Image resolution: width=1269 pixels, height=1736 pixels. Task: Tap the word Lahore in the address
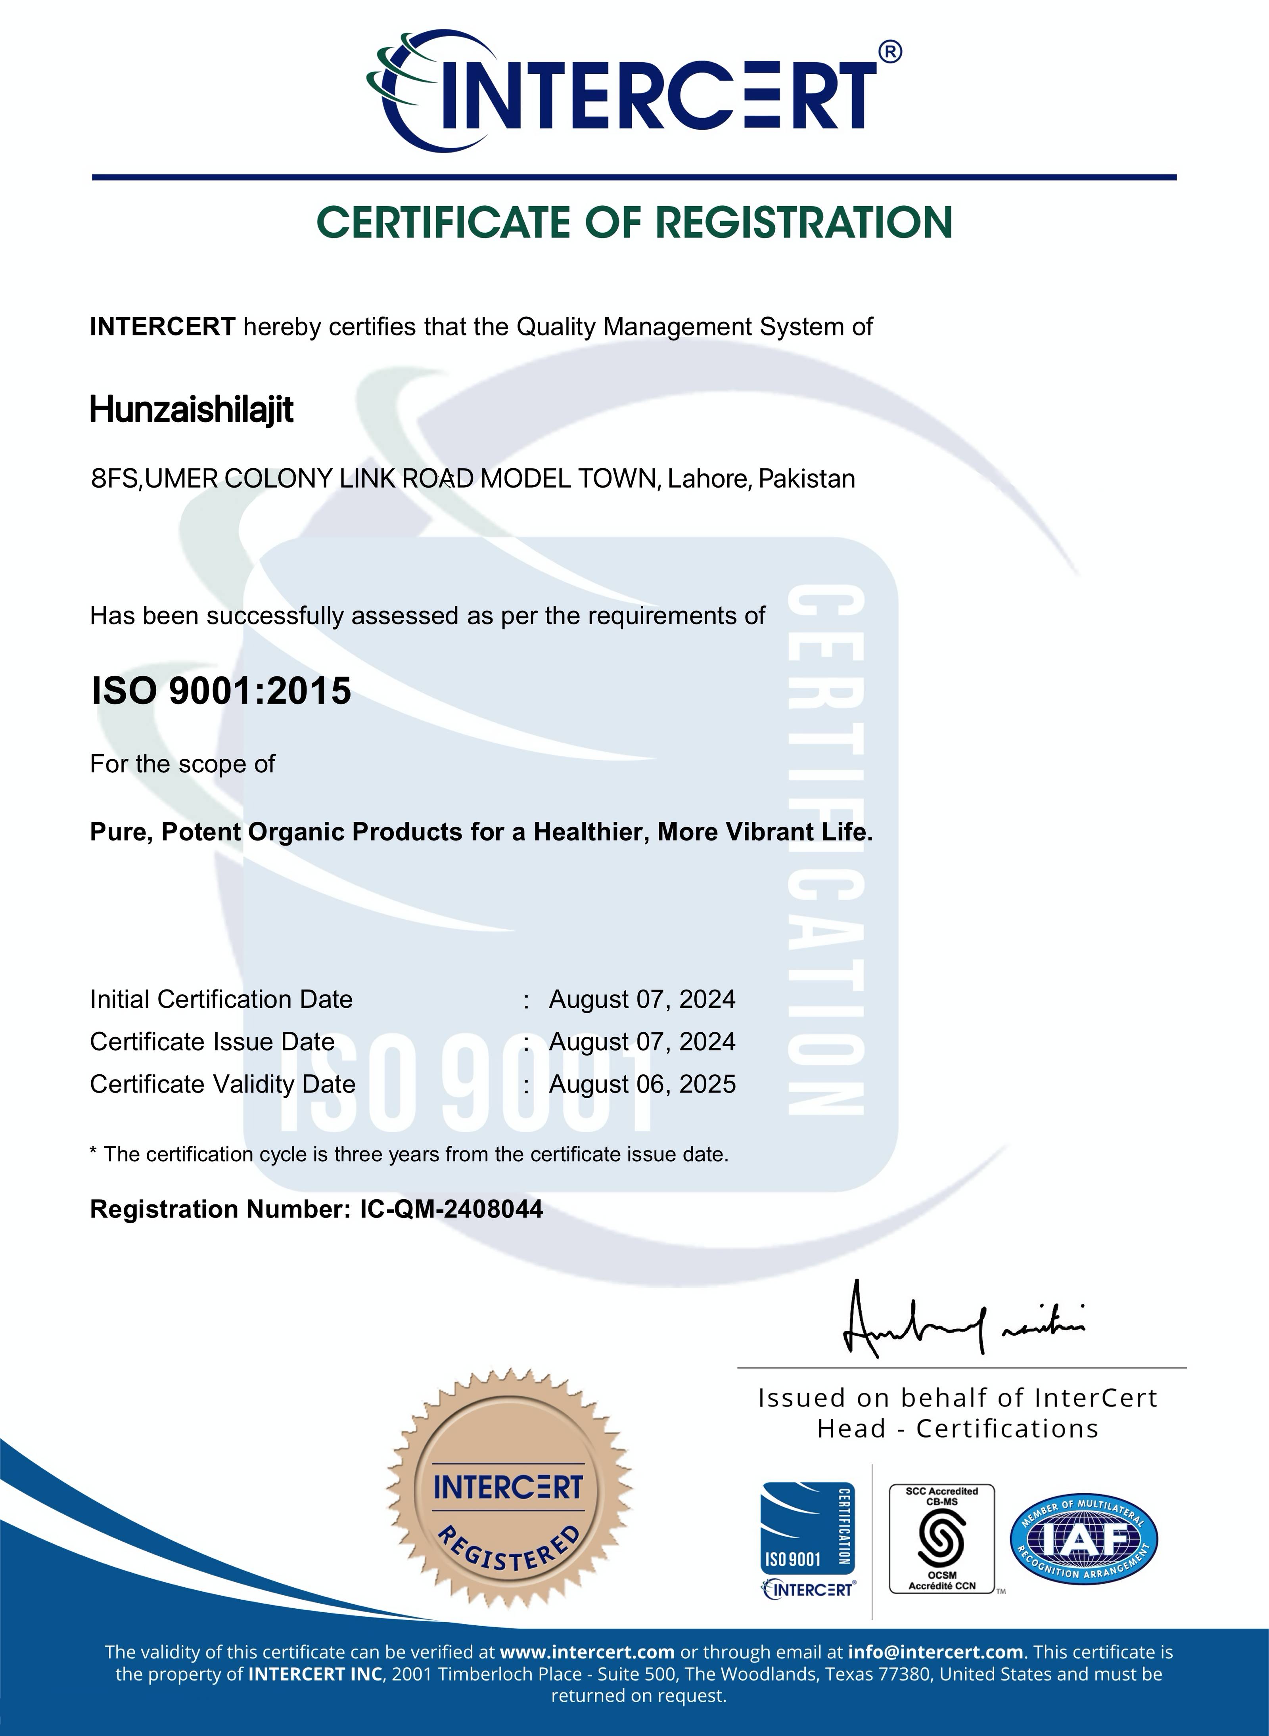[708, 479]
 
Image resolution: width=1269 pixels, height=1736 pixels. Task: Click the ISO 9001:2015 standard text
[221, 691]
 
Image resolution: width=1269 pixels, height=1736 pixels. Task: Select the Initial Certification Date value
[642, 1000]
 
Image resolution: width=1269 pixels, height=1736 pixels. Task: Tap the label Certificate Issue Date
[212, 1042]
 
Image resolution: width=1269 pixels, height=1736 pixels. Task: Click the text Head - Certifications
[958, 1429]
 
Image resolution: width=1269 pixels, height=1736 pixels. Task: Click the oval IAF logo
[1083, 1538]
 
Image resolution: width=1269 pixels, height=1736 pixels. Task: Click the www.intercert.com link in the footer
[587, 1652]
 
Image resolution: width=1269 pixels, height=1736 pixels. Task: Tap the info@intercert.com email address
[935, 1652]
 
